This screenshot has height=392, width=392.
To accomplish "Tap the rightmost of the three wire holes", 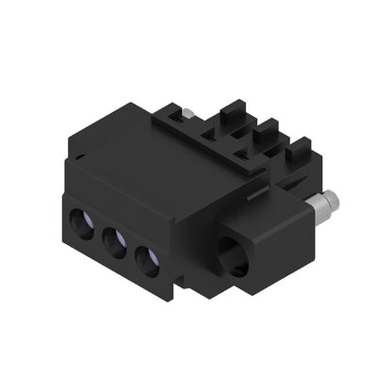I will (146, 257).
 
